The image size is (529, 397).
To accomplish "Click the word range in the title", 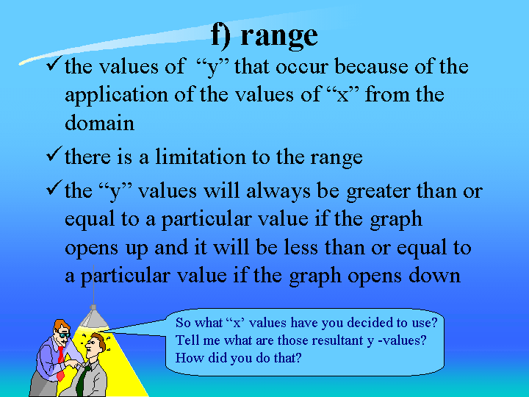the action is pyautogui.click(x=279, y=37).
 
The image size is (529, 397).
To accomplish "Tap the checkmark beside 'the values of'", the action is pyautogui.click(x=54, y=63).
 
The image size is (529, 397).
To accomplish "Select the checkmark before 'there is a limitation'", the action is pyautogui.click(x=54, y=154).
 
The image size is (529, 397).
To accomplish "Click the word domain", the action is pyautogui.click(x=99, y=123).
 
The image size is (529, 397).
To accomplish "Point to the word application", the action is pyautogui.click(x=116, y=95).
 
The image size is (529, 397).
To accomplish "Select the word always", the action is pyautogui.click(x=278, y=191).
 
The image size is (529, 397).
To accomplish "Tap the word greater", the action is pyautogui.click(x=378, y=192).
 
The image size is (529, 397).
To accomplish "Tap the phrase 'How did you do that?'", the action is pyautogui.click(x=239, y=357).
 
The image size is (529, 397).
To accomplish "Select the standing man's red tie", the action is pyautogui.click(x=61, y=362).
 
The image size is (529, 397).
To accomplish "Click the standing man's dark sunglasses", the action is pyautogui.click(x=63, y=335).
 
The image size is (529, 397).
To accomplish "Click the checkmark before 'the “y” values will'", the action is pyautogui.click(x=54, y=187).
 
